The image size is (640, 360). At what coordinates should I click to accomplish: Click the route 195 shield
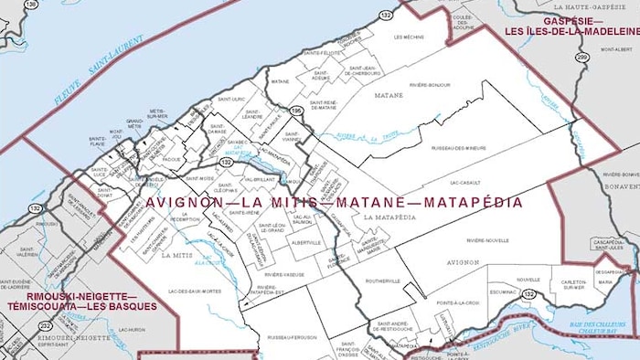(296, 111)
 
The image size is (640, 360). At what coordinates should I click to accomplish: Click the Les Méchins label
(410, 37)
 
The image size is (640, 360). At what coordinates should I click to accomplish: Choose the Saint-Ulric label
(232, 99)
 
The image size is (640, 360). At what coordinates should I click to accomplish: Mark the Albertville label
(306, 243)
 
